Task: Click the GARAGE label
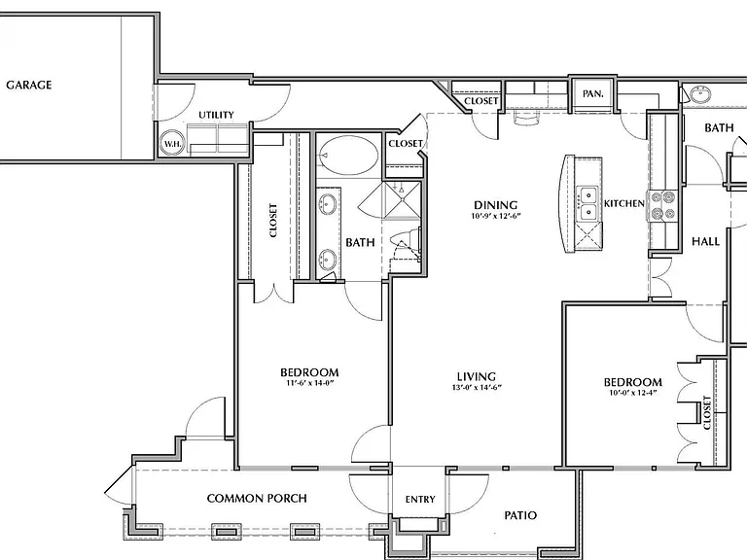28,86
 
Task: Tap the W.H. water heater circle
171,143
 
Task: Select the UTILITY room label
216,115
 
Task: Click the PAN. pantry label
592,93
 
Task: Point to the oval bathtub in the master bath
348,156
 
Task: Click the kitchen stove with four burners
662,205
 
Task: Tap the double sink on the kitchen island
588,204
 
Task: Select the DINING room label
495,205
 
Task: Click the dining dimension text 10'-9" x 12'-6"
496,216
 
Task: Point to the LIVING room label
477,376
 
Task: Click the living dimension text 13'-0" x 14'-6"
477,387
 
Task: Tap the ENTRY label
420,499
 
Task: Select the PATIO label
520,515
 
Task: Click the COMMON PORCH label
257,499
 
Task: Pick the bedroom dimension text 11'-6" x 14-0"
309,382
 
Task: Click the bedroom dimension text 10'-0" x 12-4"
632,393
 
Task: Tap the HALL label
705,241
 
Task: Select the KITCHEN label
624,203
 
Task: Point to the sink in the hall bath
700,93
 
